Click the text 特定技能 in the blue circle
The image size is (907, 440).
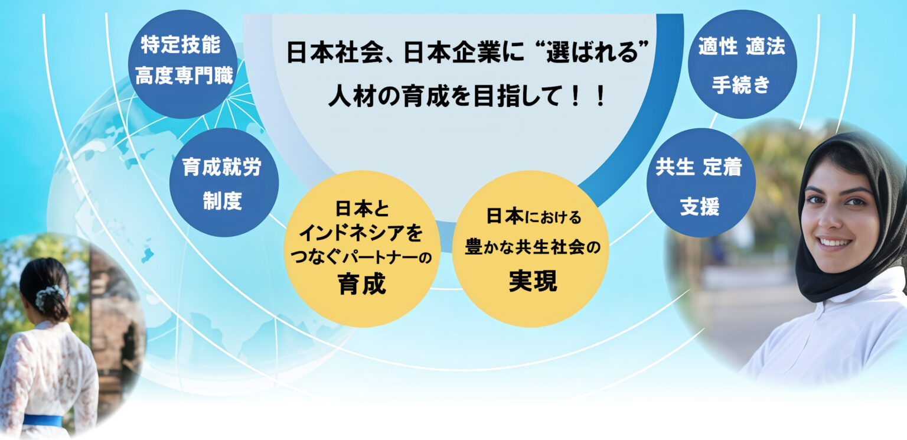181,44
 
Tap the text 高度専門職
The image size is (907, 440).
184,76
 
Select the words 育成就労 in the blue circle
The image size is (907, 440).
222,167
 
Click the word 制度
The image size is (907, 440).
222,201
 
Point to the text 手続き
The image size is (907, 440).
741,84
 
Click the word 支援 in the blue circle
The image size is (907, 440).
700,207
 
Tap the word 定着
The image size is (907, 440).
722,167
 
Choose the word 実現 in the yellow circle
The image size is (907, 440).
533,281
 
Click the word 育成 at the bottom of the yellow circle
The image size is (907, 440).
362,284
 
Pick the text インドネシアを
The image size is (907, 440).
361,233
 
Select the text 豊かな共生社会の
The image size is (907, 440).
533,247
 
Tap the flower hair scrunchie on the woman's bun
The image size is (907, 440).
48,297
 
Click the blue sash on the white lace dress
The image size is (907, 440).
43,421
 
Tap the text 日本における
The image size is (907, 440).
534,216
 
